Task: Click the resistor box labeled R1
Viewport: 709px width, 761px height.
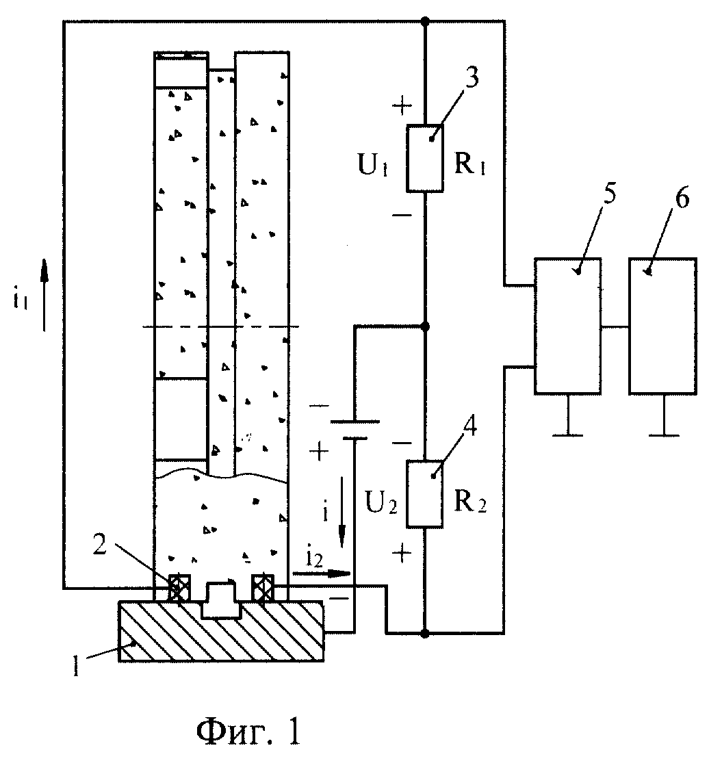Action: pos(425,158)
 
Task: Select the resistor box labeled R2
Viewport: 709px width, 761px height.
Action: pos(425,493)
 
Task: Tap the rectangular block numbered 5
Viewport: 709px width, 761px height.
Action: pos(568,326)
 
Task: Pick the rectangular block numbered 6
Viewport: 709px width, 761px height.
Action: pos(663,326)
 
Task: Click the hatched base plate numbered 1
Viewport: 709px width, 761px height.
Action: pos(221,631)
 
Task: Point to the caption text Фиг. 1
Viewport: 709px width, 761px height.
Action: pos(248,732)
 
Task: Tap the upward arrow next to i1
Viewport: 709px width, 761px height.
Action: pos(44,294)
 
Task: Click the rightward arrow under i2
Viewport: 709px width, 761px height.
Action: pos(321,573)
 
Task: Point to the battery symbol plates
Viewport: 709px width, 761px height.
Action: pos(354,430)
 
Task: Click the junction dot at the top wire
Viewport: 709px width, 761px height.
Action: pos(425,21)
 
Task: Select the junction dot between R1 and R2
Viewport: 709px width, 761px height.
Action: pos(425,326)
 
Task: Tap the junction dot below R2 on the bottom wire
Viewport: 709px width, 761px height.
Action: pos(425,633)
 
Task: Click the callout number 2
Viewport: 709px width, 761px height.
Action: pos(99,545)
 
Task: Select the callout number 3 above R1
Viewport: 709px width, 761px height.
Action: pos(472,77)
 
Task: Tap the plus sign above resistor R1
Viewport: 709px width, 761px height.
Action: pos(402,105)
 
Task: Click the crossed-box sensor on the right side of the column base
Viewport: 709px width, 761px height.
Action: pos(263,589)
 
